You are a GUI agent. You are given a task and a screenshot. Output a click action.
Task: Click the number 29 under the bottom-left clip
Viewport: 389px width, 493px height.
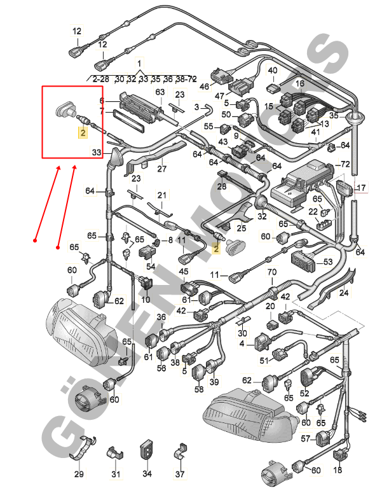pyautogui.click(x=79, y=474)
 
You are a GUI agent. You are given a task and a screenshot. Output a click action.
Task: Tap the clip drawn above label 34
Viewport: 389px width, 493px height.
pyautogui.click(x=147, y=448)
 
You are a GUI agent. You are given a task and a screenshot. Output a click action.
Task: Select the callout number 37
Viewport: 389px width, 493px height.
pyautogui.click(x=180, y=474)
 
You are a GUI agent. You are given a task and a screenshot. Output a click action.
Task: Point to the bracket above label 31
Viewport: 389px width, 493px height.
pyautogui.click(x=115, y=452)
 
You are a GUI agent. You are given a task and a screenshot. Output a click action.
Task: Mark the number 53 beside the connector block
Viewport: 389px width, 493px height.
pyautogui.click(x=328, y=261)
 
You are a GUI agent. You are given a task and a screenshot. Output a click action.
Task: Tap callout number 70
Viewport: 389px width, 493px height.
pyautogui.click(x=272, y=272)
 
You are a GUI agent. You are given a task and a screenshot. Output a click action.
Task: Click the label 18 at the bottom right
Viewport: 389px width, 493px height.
pyautogui.click(x=338, y=470)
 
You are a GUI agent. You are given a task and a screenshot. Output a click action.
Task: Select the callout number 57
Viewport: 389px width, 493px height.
pyautogui.click(x=305, y=438)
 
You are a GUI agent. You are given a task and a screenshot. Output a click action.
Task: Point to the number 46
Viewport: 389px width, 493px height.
pyautogui.click(x=205, y=86)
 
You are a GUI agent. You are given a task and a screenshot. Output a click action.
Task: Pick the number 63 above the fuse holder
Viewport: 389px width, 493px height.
pyautogui.click(x=160, y=92)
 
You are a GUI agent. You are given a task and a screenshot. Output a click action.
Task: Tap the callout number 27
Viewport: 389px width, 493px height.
pyautogui.click(x=161, y=169)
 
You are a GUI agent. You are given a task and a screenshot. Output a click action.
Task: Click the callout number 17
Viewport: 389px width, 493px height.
pyautogui.click(x=361, y=188)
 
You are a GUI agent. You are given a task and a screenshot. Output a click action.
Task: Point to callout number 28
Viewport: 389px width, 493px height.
pyautogui.click(x=222, y=186)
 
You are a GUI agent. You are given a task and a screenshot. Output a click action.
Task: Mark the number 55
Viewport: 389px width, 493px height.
pyautogui.click(x=208, y=127)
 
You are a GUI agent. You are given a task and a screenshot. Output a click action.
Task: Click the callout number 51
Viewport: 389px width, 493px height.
pyautogui.click(x=264, y=361)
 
